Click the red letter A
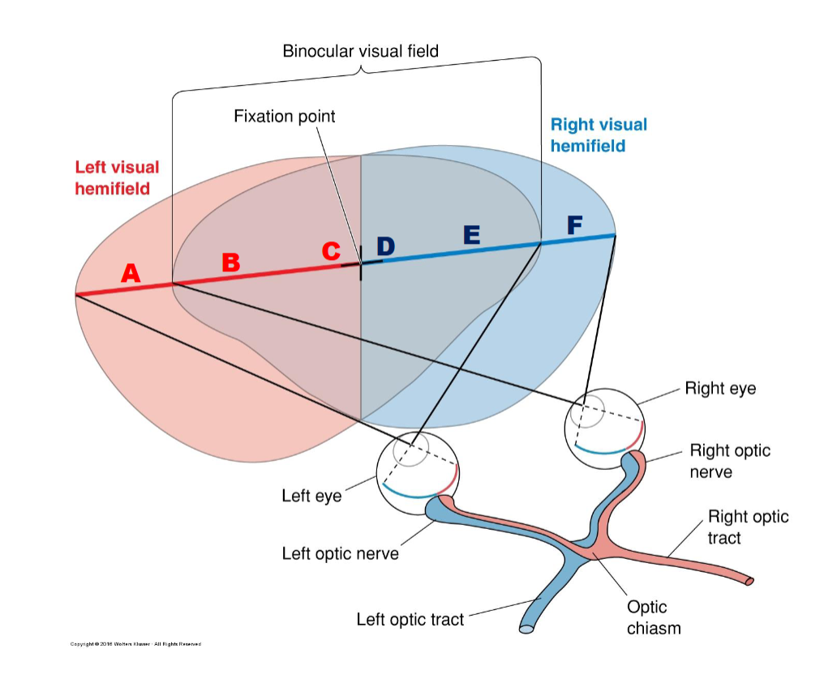pyautogui.click(x=131, y=275)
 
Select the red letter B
pyautogui.click(x=231, y=262)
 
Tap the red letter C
pyautogui.click(x=331, y=252)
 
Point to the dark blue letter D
pyautogui.click(x=385, y=246)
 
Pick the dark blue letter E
pyautogui.click(x=471, y=235)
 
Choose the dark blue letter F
pyautogui.click(x=574, y=225)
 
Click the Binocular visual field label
pyautogui.click(x=360, y=52)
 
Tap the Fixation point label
pyautogui.click(x=284, y=117)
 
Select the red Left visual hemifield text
pyautogui.click(x=117, y=177)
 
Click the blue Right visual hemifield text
pyautogui.click(x=599, y=135)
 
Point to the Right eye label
pyautogui.click(x=720, y=389)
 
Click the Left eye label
pyautogui.click(x=311, y=495)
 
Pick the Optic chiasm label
pyautogui.click(x=653, y=617)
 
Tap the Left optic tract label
pyautogui.click(x=410, y=620)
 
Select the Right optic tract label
pyautogui.click(x=748, y=527)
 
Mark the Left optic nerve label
pyautogui.click(x=340, y=554)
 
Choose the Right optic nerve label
pyautogui.click(x=730, y=461)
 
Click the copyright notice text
pyautogui.click(x=135, y=644)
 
